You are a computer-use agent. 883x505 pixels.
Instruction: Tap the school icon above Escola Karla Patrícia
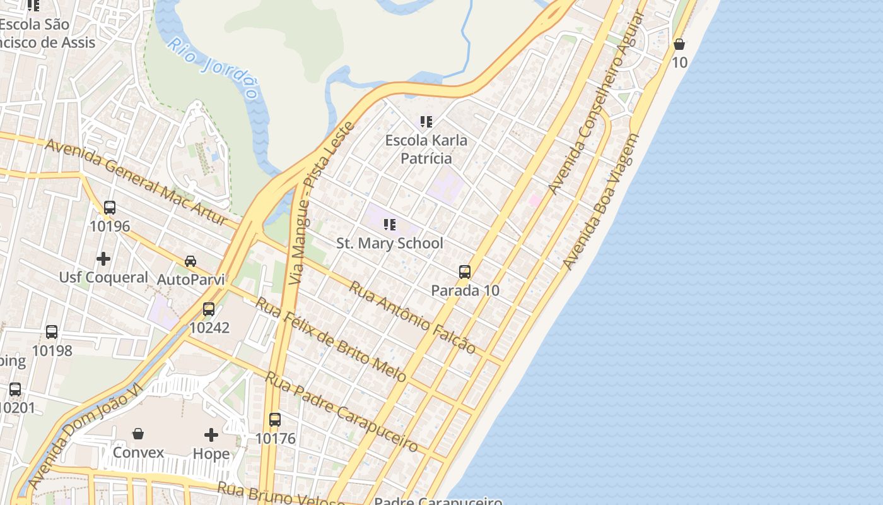pos(426,121)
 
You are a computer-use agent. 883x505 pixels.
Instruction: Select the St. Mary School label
pos(389,243)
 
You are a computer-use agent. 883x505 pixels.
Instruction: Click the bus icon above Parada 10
pos(465,272)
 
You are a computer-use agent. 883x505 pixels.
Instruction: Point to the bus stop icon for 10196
pos(110,207)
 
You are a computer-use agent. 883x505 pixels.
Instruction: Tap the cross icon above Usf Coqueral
pos(103,259)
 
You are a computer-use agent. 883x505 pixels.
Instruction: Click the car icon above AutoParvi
pos(190,261)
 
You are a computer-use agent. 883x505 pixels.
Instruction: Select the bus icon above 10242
pos(209,309)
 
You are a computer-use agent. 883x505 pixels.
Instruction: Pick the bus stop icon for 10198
pos(52,332)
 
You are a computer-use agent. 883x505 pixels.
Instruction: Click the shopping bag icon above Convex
pos(138,434)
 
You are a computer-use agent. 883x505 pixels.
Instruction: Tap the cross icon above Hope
pos(211,435)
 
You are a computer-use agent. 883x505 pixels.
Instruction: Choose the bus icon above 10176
pos(275,419)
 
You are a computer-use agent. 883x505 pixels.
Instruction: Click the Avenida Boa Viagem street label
pos(600,202)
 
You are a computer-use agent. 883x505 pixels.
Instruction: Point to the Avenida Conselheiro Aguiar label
pos(595,104)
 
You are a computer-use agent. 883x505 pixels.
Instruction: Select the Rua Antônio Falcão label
pos(412,317)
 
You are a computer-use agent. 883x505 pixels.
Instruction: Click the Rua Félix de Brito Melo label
pos(330,339)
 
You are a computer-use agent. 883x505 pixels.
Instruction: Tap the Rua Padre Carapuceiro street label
pos(341,411)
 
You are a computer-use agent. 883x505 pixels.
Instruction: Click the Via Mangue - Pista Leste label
pos(320,203)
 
